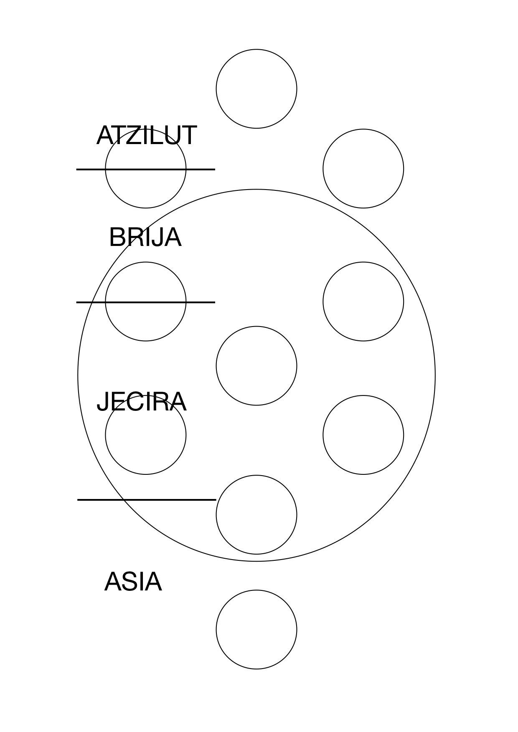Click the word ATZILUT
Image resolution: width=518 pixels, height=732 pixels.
146,135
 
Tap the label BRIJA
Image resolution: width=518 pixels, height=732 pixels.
145,237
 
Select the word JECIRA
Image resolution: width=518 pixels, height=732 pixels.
142,402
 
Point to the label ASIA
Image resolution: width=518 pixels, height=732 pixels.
133,582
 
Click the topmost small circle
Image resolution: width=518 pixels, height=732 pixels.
256,50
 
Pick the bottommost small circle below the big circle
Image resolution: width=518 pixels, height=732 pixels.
256,590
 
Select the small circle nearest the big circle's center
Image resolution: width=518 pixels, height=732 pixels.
256,327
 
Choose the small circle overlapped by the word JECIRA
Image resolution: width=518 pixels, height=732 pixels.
146,474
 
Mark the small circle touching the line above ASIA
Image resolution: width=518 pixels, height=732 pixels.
256,476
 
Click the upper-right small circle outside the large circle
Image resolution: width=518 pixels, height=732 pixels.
363,129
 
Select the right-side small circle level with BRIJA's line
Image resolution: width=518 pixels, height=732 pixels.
363,262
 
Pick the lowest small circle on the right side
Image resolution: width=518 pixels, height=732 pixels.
363,396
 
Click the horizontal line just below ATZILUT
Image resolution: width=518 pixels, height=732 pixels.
146,169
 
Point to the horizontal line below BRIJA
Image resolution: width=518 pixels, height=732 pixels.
146,302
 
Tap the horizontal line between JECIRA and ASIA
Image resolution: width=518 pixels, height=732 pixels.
147,499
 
